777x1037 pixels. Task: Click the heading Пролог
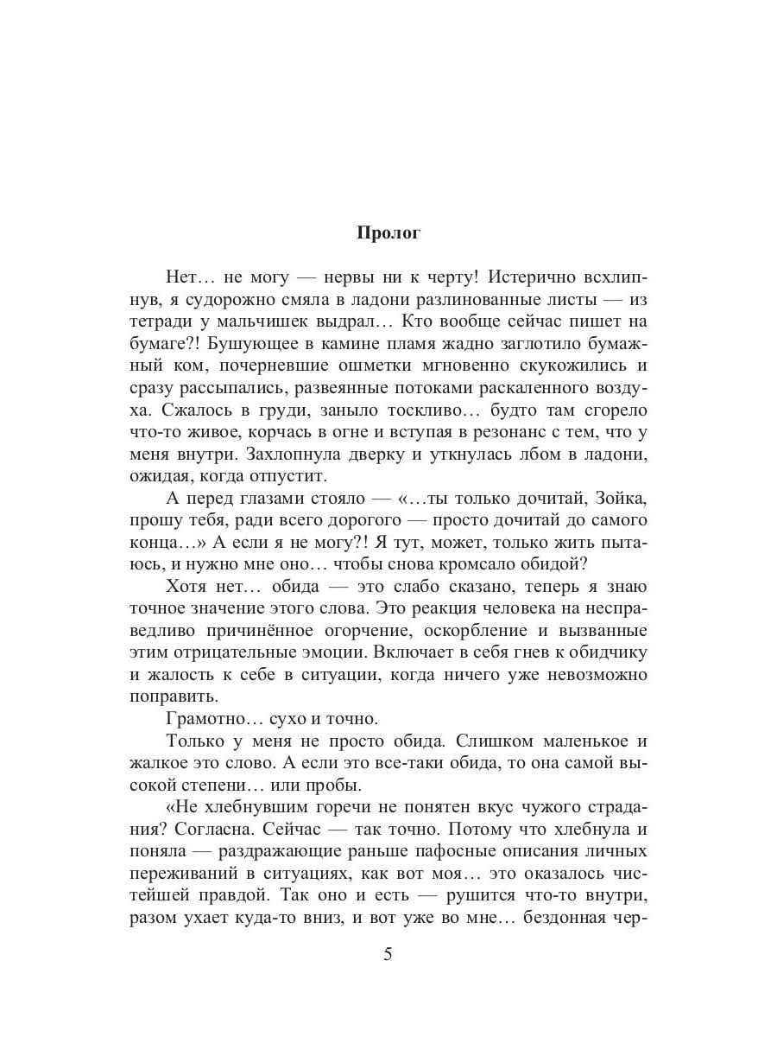(x=388, y=232)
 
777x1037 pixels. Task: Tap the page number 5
(x=388, y=956)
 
